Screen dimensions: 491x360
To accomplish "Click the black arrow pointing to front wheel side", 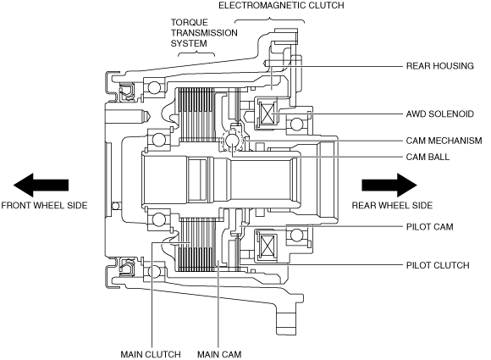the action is coord(41,185).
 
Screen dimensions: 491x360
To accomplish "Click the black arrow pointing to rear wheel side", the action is coord(389,185).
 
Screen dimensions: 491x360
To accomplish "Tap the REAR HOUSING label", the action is coord(440,66).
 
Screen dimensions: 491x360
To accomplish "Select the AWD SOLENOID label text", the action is coord(440,114).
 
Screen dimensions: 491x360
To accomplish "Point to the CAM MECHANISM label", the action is coord(444,141).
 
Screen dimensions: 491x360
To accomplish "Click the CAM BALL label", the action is coord(428,157).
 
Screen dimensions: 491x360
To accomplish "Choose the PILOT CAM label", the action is coord(430,226).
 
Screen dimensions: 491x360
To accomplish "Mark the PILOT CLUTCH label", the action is coord(438,265).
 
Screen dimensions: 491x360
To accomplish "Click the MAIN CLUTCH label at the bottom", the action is coord(151,354).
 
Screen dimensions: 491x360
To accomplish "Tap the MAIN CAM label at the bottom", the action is coord(219,354).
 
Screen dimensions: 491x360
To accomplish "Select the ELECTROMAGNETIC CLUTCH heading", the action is coord(281,5).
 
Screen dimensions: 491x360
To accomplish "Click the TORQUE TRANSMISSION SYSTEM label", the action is coord(204,33).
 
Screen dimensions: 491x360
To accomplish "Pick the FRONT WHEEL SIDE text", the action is coord(44,205).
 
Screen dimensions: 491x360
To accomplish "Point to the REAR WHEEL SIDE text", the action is coord(392,205).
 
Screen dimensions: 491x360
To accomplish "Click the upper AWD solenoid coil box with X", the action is coord(268,114).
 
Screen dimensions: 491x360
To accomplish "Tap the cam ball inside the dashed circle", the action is coord(233,140).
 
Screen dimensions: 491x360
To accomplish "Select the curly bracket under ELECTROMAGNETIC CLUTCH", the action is coord(269,20).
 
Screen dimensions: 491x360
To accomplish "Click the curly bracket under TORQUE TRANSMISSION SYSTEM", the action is coord(196,53).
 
